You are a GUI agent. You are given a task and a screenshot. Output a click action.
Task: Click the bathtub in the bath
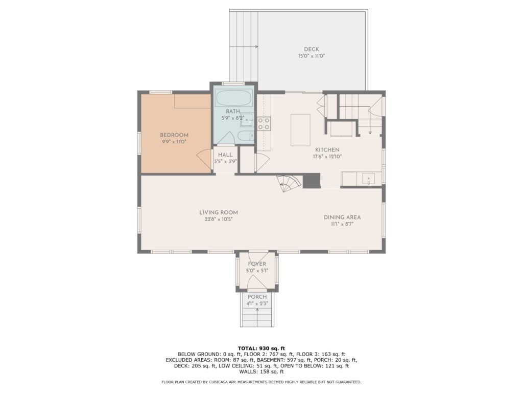coord(233,98)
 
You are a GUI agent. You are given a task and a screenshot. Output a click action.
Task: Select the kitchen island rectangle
coord(300,130)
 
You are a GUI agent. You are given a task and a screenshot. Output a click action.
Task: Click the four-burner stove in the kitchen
coord(264,123)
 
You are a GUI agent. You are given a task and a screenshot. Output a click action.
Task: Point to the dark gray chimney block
coord(312,181)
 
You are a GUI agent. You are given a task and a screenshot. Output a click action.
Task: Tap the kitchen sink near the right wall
coord(368,179)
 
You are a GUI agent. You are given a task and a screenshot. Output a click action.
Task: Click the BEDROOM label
coord(174,135)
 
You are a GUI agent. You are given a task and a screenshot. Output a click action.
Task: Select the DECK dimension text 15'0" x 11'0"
coord(312,56)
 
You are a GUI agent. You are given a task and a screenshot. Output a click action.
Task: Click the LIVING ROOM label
coord(219,212)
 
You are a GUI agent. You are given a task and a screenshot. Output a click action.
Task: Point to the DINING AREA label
coord(342,217)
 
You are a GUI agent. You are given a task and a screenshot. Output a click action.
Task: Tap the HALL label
coord(225,155)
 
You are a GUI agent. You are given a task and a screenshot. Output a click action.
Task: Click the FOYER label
coord(257,264)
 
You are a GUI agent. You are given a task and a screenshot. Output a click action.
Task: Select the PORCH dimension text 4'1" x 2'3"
coord(257,304)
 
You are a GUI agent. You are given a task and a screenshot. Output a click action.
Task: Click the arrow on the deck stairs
coord(244,47)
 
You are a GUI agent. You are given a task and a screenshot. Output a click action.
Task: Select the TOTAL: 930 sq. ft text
coord(261,348)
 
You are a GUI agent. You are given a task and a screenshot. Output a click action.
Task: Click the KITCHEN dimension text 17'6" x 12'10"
coord(327,157)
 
